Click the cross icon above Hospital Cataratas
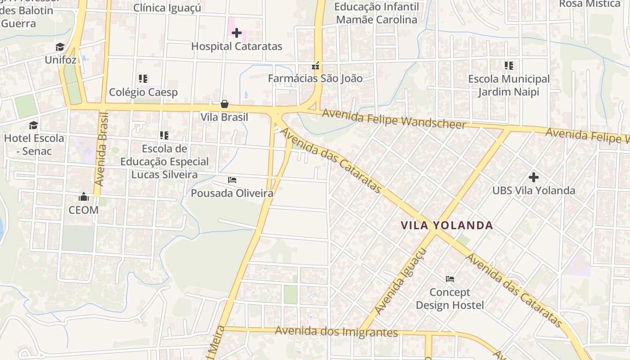coord(237,32)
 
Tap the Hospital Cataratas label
coord(237,46)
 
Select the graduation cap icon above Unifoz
coord(60,47)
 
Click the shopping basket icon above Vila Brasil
coord(224,104)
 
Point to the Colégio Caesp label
coord(144,92)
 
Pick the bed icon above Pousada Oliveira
coord(232,180)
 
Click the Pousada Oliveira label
coord(232,193)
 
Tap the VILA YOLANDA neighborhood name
coord(447,225)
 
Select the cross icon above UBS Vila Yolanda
coord(534,177)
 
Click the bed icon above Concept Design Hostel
coord(450,279)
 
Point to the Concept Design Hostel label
coord(450,299)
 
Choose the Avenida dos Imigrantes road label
coord(337,332)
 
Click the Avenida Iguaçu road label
coord(400,282)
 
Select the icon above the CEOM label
coord(84,197)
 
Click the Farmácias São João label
coord(315,78)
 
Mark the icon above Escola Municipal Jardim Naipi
coord(509,66)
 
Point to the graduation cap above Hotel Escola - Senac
coord(34,125)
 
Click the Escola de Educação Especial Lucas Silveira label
coord(164,162)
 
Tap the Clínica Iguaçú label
coord(167,8)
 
